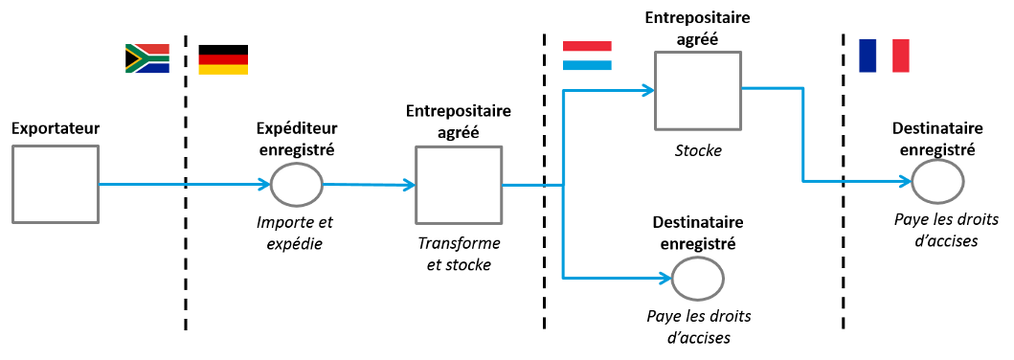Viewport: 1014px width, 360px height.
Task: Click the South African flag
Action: click(x=147, y=58)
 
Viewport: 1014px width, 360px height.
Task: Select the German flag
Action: click(x=223, y=64)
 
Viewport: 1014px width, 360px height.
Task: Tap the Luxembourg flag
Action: click(x=587, y=56)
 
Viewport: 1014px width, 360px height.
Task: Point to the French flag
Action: click(x=884, y=56)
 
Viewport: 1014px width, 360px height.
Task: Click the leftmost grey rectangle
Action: click(x=56, y=184)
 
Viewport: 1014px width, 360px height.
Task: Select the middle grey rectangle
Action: click(x=459, y=184)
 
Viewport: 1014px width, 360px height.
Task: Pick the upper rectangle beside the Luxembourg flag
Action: click(x=698, y=90)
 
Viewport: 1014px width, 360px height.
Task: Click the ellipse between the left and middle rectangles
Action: click(x=297, y=185)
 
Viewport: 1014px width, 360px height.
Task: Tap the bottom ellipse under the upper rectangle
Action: click(x=697, y=279)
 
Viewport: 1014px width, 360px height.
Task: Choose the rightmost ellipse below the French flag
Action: click(x=936, y=181)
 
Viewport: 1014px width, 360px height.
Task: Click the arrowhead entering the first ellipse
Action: click(x=265, y=185)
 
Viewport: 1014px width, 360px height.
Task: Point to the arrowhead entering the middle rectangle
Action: click(x=410, y=185)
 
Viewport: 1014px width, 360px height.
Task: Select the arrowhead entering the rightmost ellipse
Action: click(x=905, y=181)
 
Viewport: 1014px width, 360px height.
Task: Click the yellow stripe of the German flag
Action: click(x=223, y=70)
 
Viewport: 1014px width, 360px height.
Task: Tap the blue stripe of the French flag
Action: click(x=868, y=56)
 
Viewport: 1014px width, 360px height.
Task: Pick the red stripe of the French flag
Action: click(x=901, y=56)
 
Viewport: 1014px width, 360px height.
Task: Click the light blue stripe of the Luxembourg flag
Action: click(x=587, y=66)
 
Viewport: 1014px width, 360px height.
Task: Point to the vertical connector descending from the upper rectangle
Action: click(x=803, y=134)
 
